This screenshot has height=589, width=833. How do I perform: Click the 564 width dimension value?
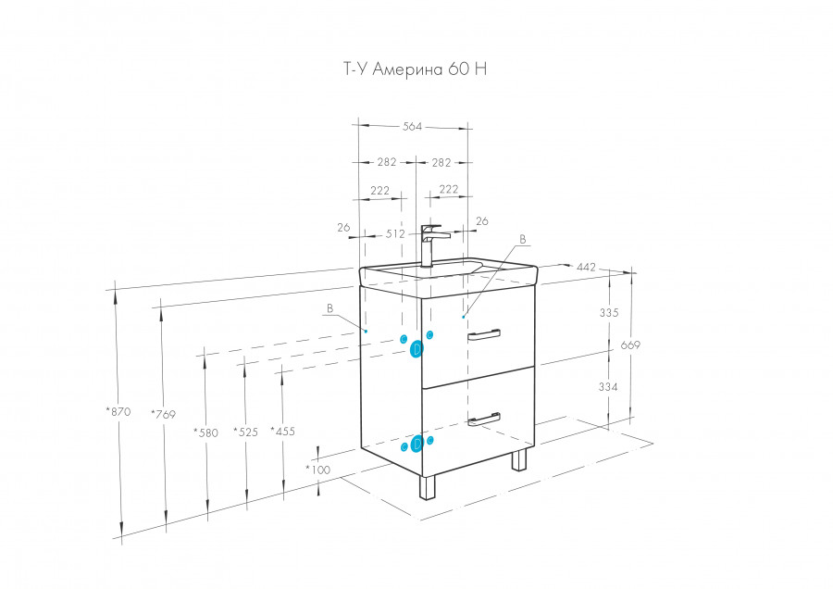412,127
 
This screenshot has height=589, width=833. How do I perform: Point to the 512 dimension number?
395,233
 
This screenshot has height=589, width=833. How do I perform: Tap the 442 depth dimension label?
586,268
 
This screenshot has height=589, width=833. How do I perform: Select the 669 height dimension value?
630,345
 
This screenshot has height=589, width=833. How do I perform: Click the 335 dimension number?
608,313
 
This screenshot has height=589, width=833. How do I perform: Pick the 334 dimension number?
608,386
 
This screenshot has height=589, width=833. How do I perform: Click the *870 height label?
118,410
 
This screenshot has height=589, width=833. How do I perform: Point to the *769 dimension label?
163,414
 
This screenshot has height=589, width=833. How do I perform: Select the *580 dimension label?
205,432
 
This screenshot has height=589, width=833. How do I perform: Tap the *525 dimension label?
245,432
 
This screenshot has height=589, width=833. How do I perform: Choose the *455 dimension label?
282,431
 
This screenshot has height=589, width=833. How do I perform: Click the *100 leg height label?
318,470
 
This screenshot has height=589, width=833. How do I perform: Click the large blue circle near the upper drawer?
417,348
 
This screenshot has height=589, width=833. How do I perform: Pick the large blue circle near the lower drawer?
417,445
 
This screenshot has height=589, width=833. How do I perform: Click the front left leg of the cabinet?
428,487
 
